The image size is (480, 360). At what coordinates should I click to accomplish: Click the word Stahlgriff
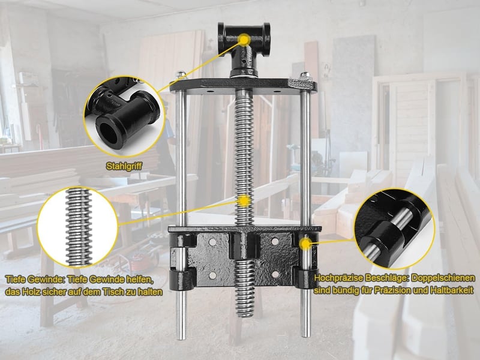coord(124,166)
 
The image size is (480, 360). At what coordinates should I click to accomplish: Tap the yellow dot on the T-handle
coord(244,40)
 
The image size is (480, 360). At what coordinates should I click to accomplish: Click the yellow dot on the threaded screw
coord(244,201)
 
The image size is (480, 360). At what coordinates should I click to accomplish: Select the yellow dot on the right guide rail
coord(305,244)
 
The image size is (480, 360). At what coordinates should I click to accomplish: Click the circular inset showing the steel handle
coord(124,116)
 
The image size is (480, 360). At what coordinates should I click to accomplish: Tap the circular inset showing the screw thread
coord(78,227)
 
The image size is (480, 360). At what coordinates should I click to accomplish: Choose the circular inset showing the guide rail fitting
coord(394,229)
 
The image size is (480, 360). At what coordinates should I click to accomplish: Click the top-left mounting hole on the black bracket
coord(212,242)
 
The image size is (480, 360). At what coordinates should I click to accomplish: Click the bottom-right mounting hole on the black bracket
coord(275,274)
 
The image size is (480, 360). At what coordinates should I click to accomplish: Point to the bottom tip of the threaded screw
coord(244,316)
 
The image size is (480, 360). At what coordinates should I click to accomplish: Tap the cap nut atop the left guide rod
coord(181,74)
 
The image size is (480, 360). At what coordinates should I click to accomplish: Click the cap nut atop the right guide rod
coord(305,74)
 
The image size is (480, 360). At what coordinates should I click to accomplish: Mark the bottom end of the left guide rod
coord(181,338)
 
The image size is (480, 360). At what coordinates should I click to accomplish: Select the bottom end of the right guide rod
coord(305,335)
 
